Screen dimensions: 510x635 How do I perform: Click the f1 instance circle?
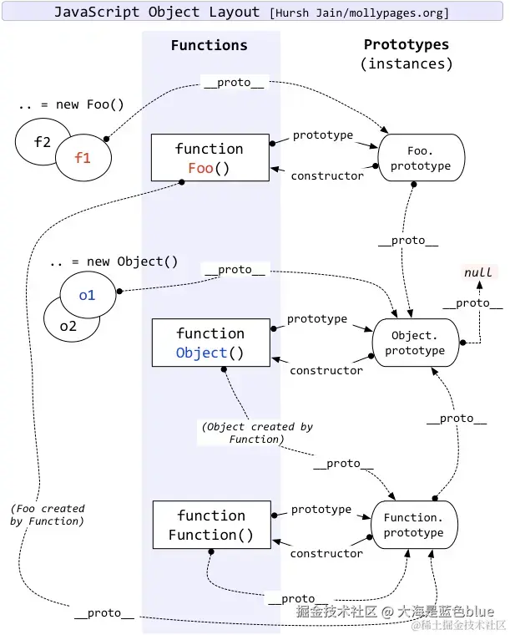(x=83, y=158)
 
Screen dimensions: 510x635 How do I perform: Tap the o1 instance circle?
(x=88, y=294)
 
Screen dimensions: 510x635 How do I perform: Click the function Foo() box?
(x=210, y=158)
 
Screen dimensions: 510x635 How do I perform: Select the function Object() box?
(x=210, y=343)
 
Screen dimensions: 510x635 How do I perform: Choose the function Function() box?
(x=211, y=525)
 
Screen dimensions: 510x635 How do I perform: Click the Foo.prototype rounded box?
(x=421, y=158)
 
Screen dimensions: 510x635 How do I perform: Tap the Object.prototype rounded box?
(x=416, y=343)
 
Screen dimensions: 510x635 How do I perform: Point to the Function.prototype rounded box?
(x=414, y=525)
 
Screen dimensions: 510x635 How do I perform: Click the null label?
(x=478, y=272)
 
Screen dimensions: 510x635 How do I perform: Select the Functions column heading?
(x=210, y=45)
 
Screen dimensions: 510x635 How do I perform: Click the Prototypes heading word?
(x=406, y=44)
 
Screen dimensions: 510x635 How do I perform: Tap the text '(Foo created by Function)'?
(x=48, y=515)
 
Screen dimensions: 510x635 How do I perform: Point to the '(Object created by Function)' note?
(x=257, y=433)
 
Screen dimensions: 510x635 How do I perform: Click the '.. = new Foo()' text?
(x=71, y=104)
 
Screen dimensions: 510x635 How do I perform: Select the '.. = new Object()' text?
(x=114, y=262)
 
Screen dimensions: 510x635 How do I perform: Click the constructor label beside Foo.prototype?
(x=327, y=175)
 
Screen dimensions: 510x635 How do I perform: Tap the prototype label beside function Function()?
(x=321, y=510)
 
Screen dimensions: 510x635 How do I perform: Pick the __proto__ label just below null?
(x=472, y=303)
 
